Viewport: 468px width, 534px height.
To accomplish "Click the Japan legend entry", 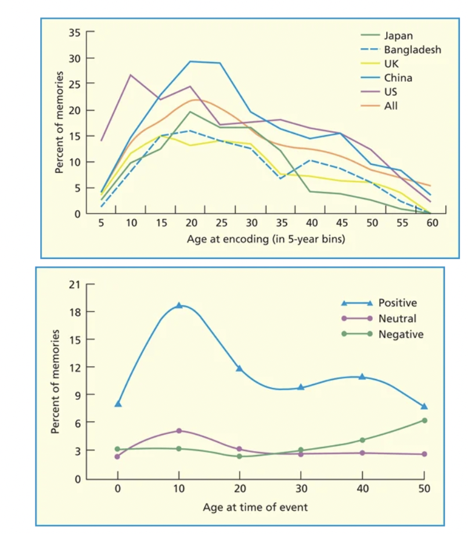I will (x=398, y=35).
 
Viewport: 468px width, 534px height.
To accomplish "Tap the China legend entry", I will (x=398, y=77).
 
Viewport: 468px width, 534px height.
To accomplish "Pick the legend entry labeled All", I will (x=391, y=106).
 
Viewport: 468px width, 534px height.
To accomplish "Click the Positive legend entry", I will (x=397, y=302).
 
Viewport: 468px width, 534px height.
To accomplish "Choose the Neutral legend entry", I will (x=397, y=318).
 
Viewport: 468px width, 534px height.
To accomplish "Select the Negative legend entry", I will (x=401, y=334).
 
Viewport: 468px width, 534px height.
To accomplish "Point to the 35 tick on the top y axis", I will (x=74, y=33).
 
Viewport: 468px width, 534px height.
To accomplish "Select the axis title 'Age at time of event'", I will (x=255, y=507).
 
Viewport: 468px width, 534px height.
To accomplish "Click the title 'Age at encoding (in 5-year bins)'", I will (x=267, y=239).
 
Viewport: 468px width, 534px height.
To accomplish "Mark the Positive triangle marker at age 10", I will (x=179, y=305).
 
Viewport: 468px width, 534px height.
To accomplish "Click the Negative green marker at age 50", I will (x=424, y=420).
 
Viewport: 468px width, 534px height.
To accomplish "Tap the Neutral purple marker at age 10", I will (x=179, y=431).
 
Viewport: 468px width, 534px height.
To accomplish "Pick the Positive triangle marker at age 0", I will (x=118, y=403).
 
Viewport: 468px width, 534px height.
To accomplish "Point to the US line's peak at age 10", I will (x=129, y=75).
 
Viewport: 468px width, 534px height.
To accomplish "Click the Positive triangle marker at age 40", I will (x=362, y=377).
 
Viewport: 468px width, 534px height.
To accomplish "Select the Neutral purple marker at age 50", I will (x=424, y=454).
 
